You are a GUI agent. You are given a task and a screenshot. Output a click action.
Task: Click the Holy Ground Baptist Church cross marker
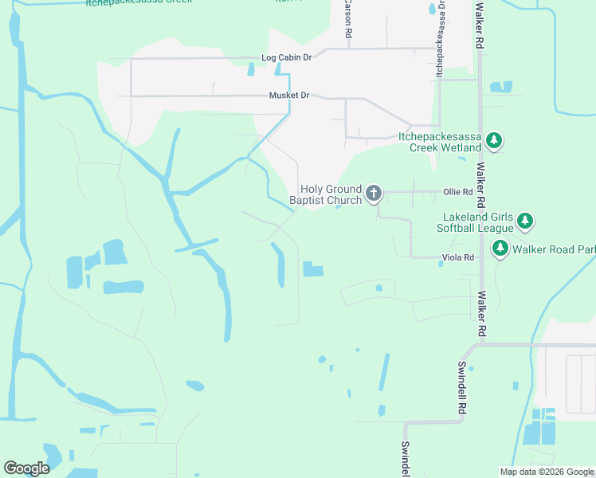coord(373,193)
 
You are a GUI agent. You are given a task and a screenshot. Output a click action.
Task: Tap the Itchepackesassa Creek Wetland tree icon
coord(494,142)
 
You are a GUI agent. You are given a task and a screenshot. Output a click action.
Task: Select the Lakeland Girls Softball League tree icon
coord(524,221)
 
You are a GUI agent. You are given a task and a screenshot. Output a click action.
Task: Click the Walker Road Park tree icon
coord(500,249)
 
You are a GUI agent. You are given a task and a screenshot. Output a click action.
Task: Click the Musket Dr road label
coord(289,96)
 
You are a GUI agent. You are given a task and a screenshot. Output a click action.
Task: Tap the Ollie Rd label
coord(458,192)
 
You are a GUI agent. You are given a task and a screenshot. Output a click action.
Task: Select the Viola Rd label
coord(458,257)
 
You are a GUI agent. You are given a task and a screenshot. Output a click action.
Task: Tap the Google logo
coord(26,468)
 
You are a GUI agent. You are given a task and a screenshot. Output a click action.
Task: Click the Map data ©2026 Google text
coord(546,472)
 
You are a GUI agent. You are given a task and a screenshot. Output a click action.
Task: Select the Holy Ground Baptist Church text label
coord(331,195)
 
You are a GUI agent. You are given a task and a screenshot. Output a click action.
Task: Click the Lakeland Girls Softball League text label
coord(478,222)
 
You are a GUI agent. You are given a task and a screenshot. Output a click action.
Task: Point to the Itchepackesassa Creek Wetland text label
coord(440,142)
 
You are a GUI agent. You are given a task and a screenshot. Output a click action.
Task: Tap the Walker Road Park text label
coord(554,249)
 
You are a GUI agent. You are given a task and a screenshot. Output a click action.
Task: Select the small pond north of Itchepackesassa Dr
coord(433,10)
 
